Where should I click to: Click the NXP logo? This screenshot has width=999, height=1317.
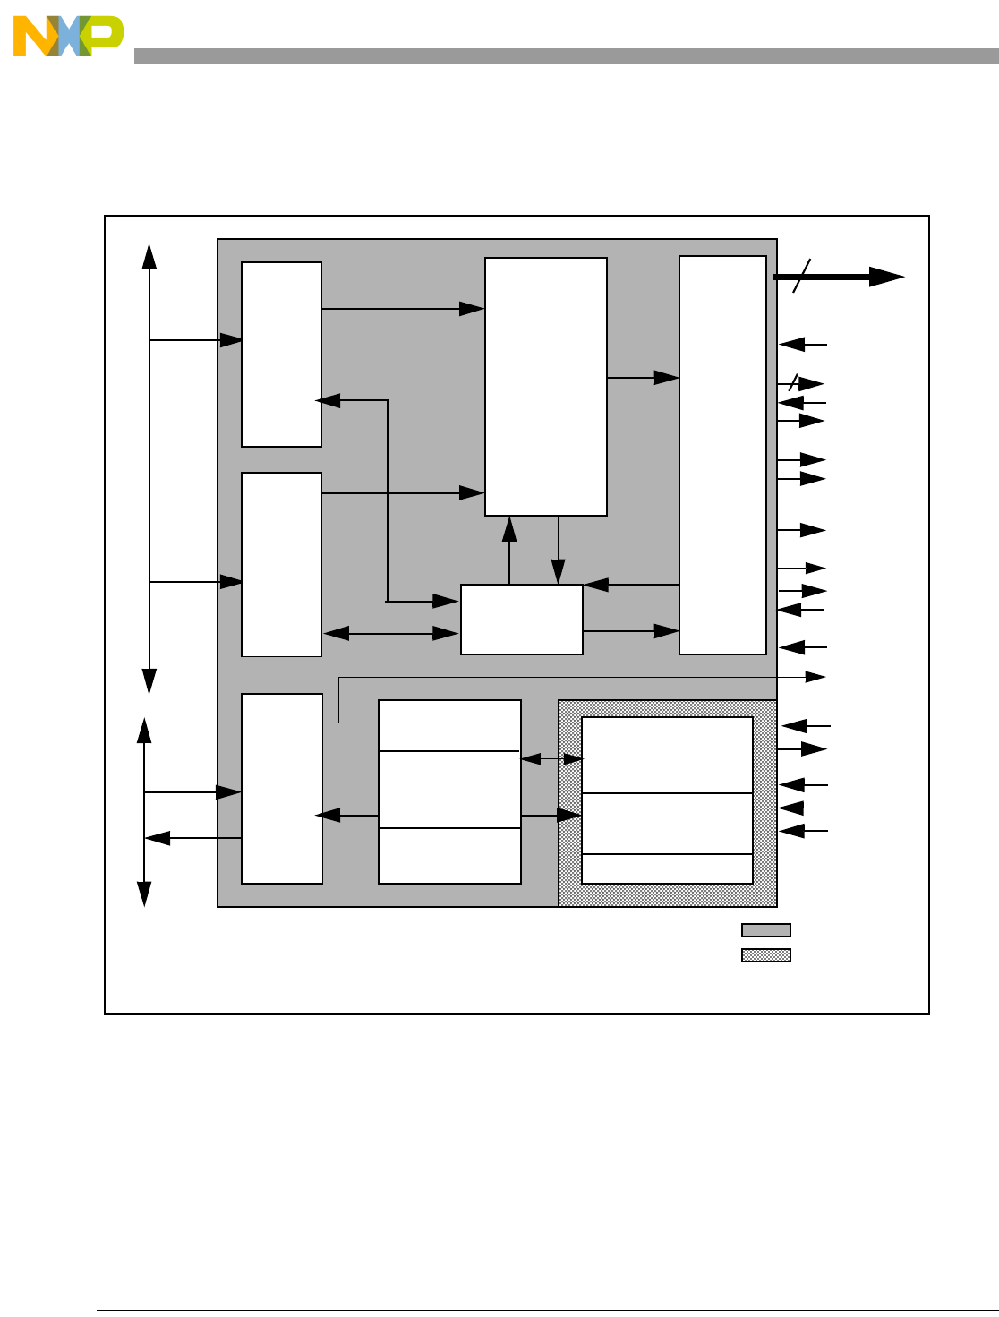tap(68, 36)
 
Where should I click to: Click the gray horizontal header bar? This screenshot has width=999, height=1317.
tap(566, 56)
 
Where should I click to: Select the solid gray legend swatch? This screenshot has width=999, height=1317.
tap(765, 930)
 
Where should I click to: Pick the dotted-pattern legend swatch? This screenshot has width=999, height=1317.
tap(765, 954)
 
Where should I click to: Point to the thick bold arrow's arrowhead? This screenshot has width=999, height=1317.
tap(886, 277)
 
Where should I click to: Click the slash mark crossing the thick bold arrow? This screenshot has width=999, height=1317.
tap(802, 276)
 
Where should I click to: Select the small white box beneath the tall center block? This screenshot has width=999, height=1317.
tap(522, 620)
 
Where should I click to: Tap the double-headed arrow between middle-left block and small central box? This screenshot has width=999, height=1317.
tap(390, 633)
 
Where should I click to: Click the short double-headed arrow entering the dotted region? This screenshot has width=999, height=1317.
tap(551, 759)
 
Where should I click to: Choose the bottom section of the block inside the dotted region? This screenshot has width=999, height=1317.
tap(667, 868)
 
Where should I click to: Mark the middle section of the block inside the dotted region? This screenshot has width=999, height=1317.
tap(667, 823)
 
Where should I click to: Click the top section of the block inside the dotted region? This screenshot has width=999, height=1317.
tap(667, 755)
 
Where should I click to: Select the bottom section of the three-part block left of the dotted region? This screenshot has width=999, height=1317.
tap(449, 856)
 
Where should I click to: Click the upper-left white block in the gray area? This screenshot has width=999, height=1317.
tap(281, 354)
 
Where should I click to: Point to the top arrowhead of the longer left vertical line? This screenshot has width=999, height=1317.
tap(149, 256)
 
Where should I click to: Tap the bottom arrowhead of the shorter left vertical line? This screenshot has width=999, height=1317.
tap(144, 894)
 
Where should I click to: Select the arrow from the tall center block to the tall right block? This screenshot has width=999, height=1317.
tap(643, 378)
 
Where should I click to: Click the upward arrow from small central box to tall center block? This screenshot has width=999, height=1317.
tap(509, 551)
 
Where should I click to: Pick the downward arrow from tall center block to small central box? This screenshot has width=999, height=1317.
tap(558, 551)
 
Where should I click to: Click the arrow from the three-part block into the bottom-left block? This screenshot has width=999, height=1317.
tap(346, 816)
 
